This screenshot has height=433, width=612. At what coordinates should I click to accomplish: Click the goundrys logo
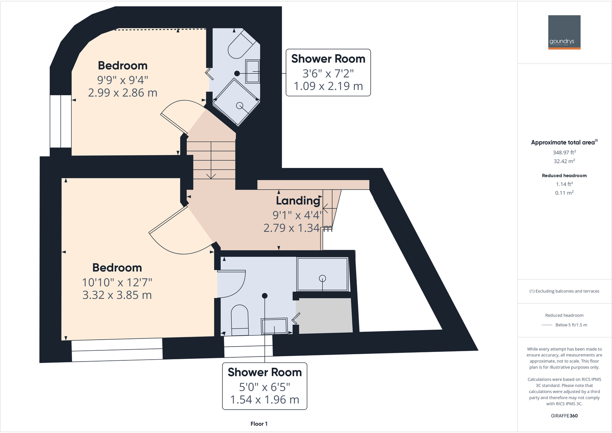564,32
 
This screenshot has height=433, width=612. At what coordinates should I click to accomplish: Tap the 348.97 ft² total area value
564,153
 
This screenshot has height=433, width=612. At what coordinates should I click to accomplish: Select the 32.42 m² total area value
564,161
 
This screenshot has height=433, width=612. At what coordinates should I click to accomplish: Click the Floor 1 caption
259,424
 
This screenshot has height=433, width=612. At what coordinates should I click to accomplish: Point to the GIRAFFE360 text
564,416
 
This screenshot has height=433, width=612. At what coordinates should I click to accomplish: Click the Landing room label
298,201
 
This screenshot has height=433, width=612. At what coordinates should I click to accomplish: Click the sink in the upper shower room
252,71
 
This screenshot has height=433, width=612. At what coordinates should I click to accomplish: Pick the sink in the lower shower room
274,327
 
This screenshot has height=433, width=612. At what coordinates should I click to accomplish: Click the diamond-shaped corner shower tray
236,102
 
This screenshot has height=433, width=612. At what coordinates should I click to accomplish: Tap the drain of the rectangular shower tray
323,278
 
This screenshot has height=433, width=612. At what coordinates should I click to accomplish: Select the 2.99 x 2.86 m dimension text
122,93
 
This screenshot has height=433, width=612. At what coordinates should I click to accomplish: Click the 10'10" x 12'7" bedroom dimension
117,282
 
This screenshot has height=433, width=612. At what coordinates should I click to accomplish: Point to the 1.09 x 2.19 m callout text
328,86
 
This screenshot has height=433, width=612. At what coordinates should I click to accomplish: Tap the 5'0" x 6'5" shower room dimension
264,387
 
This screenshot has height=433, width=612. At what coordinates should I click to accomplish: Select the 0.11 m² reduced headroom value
564,193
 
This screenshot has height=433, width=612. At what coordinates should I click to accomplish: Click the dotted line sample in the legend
547,325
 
